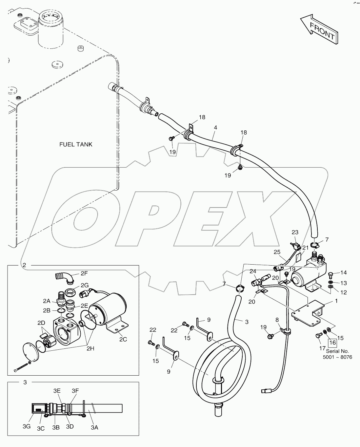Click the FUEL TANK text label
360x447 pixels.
point(76,144)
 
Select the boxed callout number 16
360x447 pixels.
point(332,343)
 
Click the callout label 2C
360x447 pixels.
point(123,339)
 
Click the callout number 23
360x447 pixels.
point(295,232)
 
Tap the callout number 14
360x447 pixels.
point(343,272)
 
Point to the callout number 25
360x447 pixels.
point(277,252)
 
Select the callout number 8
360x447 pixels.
point(277,319)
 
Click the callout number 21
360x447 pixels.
point(306,248)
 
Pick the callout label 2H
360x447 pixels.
point(90,349)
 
